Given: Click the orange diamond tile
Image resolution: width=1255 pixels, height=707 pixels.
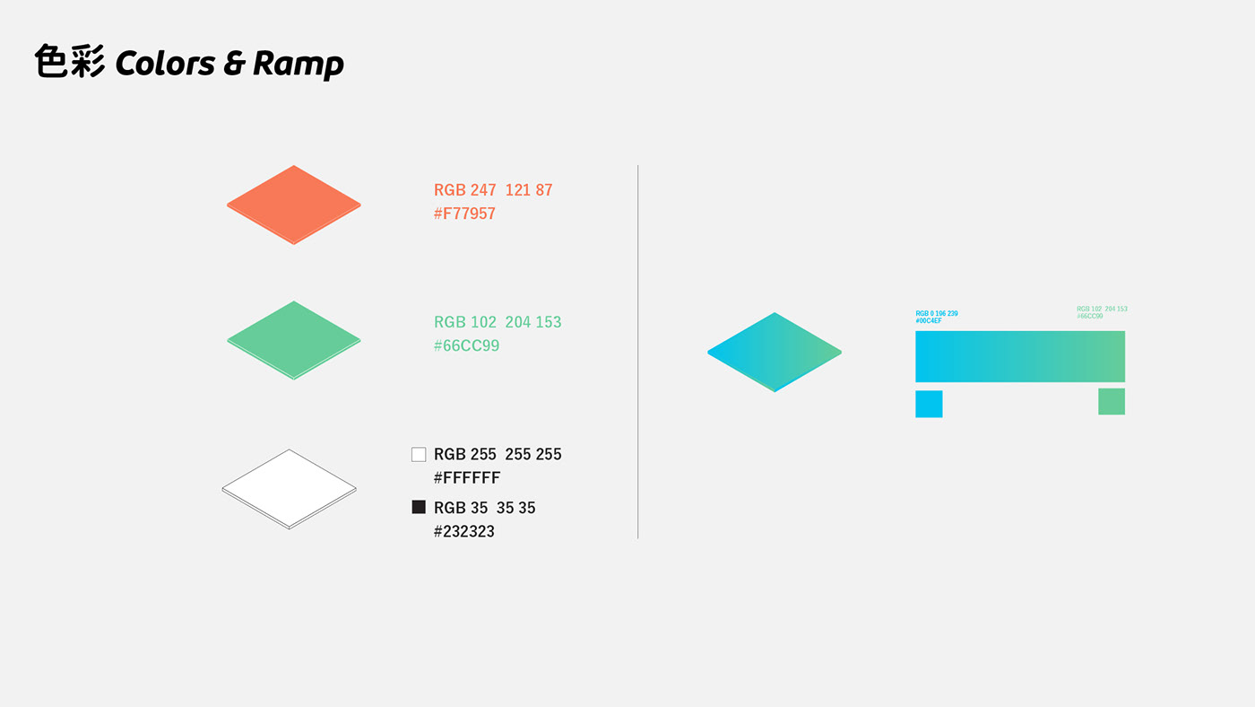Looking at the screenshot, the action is (x=294, y=205).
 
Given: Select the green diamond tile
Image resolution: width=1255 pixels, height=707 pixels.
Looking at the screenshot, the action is (x=294, y=340).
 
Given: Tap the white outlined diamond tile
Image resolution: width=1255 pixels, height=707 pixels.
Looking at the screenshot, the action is (x=289, y=489).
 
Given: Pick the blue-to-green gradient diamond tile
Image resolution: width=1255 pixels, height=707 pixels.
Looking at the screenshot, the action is (x=775, y=352).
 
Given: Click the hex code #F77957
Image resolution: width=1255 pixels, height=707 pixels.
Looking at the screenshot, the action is (x=464, y=214).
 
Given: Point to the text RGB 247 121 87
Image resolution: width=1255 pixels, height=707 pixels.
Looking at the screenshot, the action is (x=493, y=190).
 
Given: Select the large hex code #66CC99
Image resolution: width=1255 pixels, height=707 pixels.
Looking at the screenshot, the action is (x=466, y=345).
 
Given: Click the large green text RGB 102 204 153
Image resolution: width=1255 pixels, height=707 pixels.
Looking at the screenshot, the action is (x=498, y=322).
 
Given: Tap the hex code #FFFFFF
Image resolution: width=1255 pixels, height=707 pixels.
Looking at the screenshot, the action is (x=467, y=477).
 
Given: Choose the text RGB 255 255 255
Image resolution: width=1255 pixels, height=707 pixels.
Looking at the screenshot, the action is (x=498, y=454).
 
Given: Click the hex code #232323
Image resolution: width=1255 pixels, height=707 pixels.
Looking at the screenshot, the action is (x=464, y=531).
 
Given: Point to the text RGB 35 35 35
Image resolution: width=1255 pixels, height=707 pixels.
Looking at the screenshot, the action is (x=485, y=508).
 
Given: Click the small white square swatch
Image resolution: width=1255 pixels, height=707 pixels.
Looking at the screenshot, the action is (x=419, y=454).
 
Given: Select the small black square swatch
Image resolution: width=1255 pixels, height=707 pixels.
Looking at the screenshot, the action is (x=419, y=507).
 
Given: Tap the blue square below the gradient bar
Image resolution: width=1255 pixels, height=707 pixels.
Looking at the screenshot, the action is (x=929, y=405).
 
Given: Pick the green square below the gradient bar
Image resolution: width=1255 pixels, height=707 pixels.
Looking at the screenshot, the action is (x=1112, y=401).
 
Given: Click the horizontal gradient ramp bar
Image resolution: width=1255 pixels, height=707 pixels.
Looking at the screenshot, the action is (x=1020, y=356).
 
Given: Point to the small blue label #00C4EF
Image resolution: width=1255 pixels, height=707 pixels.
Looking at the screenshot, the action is (x=929, y=320).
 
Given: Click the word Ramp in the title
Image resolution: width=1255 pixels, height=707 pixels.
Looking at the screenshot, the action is (x=298, y=64).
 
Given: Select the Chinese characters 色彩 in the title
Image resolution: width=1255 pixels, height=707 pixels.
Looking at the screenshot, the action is (x=70, y=61).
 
